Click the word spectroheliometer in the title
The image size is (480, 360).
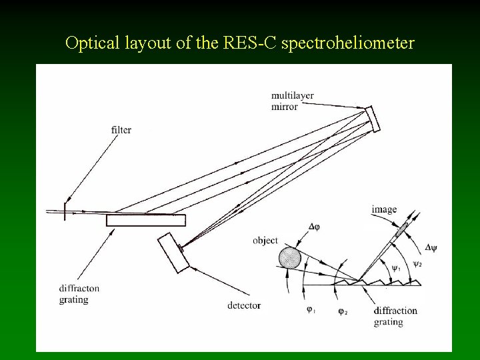tap(349, 44)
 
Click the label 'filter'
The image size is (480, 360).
tap(121, 130)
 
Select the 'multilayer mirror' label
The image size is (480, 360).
tap(292, 101)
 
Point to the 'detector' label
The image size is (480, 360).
tap(244, 305)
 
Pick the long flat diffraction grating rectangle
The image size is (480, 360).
tap(146, 220)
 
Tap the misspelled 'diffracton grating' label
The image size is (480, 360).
tap(79, 294)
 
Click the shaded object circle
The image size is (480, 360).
tap(290, 257)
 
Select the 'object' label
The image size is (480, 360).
tap(265, 240)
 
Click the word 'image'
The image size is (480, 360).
tap(384, 210)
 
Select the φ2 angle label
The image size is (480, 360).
tap(342, 311)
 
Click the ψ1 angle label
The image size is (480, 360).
tap(395, 269)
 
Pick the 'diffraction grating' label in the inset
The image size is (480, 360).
tap(395, 316)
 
